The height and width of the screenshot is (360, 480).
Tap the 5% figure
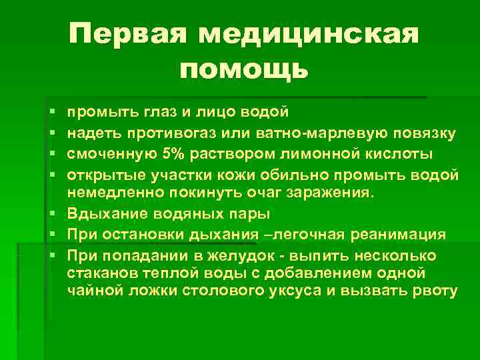point(175,155)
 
